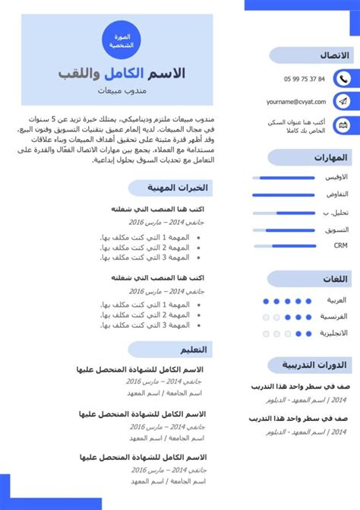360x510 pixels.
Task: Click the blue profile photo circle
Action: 122,40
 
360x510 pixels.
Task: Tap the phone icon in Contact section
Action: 343,78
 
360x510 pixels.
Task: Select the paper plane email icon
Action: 343,101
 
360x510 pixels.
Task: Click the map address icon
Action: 343,125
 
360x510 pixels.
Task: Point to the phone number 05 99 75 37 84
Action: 304,78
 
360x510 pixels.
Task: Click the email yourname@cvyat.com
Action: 296,101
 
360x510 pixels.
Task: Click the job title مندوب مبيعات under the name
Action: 122,91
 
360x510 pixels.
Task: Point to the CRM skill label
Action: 340,245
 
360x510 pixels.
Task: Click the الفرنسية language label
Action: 333,316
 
